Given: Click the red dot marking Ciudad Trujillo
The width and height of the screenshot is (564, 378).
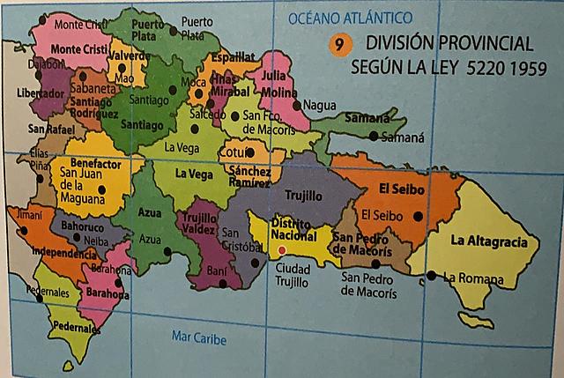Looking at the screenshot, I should pyautogui.click(x=281, y=249).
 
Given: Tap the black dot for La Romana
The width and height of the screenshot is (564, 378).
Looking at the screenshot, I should pyautogui.click(x=431, y=275).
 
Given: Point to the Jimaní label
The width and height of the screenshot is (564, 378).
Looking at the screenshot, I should pyautogui.click(x=28, y=214).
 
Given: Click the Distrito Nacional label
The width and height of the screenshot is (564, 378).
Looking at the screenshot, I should pyautogui.click(x=293, y=229).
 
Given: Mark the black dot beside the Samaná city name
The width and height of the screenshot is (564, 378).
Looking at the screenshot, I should pyautogui.click(x=375, y=136).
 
